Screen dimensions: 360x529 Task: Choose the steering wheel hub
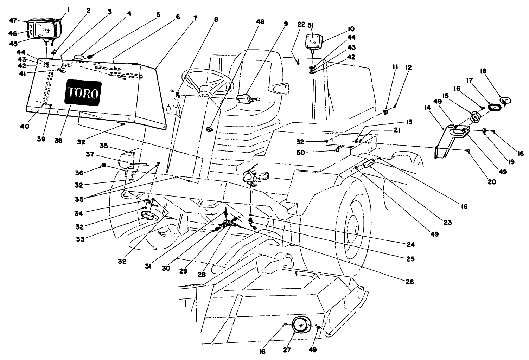[206, 92]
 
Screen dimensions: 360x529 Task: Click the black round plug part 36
[104, 165]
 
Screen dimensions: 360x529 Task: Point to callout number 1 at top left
[68, 11]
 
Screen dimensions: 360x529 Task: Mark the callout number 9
[286, 24]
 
